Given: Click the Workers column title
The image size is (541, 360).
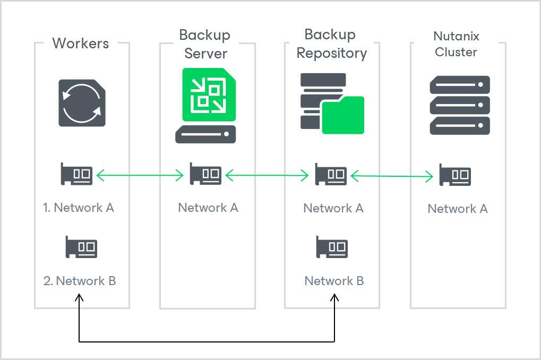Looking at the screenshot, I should click(x=81, y=44).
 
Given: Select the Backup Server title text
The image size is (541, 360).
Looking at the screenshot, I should click(x=205, y=45).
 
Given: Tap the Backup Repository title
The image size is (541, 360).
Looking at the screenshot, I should click(x=331, y=45).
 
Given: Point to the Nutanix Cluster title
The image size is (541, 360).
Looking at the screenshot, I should click(x=456, y=44).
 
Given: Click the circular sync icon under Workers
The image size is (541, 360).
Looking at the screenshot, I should click(x=82, y=103).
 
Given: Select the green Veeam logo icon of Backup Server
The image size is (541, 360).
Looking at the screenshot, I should click(x=205, y=95).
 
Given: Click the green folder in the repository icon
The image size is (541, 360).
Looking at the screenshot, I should click(x=343, y=115).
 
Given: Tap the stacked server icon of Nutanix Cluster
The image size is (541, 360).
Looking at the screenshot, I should click(x=459, y=105).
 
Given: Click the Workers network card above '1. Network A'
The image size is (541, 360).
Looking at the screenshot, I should click(x=76, y=174).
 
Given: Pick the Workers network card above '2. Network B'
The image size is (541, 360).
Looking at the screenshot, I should click(x=81, y=247).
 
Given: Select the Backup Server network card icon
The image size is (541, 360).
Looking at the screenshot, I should click(x=205, y=174).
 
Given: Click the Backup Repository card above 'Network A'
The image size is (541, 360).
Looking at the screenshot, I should click(x=331, y=174).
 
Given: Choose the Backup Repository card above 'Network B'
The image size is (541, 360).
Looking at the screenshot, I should click(x=332, y=247).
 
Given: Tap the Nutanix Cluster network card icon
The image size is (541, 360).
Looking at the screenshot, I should click(x=455, y=175).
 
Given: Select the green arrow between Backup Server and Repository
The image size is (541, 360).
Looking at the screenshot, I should click(x=267, y=174).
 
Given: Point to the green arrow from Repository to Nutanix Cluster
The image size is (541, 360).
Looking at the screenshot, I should click(x=392, y=176).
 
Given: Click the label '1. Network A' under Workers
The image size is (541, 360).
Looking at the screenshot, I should click(x=79, y=208).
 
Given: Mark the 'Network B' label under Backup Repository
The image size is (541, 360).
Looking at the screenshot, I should click(x=334, y=281).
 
